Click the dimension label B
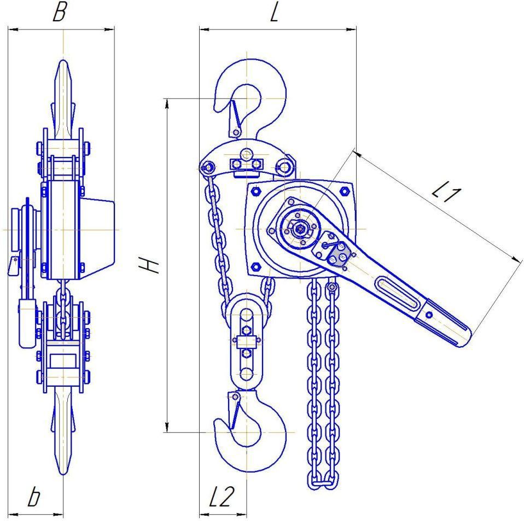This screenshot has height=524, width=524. [x=60, y=13]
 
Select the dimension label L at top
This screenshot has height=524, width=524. [x=275, y=13]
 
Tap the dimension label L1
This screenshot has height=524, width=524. [x=447, y=193]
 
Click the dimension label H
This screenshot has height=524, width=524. [x=149, y=266]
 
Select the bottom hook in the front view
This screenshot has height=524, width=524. [x=251, y=431]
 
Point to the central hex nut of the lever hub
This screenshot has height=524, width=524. [x=299, y=229]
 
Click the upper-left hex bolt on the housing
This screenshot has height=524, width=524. [x=256, y=191]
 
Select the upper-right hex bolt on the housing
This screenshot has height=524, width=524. [x=344, y=191]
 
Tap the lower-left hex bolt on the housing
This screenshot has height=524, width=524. [x=256, y=266]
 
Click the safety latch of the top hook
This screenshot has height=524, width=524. [x=235, y=119]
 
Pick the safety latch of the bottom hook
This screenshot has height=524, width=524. [x=235, y=410]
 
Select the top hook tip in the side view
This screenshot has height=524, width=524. [x=63, y=61]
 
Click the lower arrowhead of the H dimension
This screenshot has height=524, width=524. [x=167, y=427]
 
